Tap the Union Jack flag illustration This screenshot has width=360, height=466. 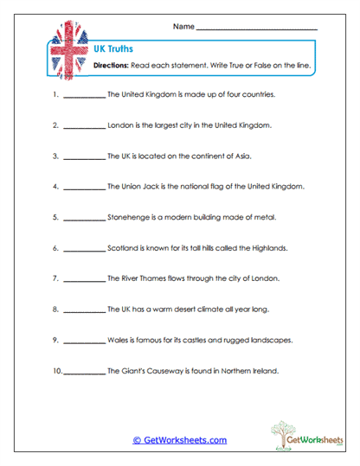coord(65,54)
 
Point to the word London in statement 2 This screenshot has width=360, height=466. coord(120,124)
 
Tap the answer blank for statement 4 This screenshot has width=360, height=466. coord(84,187)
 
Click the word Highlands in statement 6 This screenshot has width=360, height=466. coord(266,248)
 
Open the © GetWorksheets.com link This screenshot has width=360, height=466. coord(179,440)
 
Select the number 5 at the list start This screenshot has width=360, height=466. coord(55,217)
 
